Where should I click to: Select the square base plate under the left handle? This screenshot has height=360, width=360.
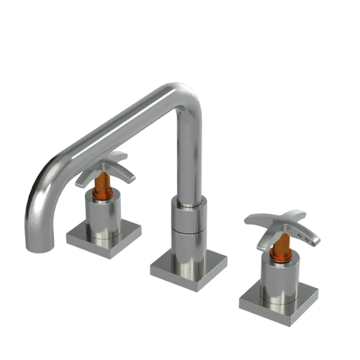click(104, 233)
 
